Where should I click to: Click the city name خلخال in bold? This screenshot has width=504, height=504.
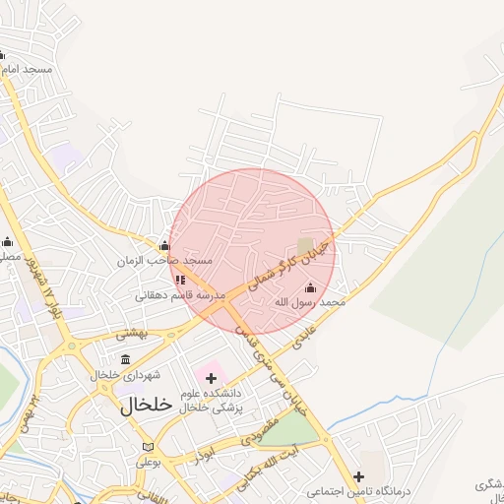click(146, 406)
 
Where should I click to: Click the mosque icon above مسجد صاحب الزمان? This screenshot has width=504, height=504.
click(163, 246)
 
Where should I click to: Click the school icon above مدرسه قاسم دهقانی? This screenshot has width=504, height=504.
click(180, 280)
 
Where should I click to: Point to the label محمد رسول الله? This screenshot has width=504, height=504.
click(310, 302)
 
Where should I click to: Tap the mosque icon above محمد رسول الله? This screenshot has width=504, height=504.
click(311, 287)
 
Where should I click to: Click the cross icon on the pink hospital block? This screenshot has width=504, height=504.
click(211, 377)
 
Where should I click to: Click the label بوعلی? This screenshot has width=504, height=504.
click(149, 461)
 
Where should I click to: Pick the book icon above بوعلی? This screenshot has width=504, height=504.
click(148, 446)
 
